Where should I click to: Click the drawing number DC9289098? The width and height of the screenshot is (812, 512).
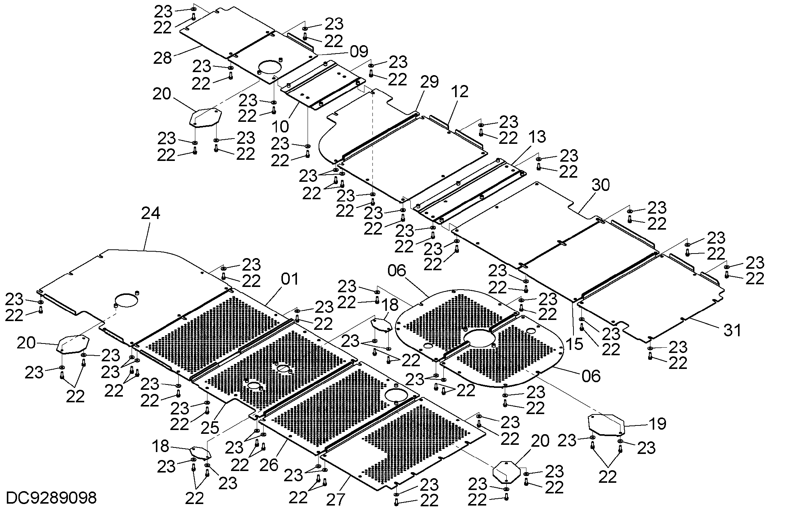(x=52, y=498)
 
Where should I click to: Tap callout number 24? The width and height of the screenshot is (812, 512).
(x=151, y=213)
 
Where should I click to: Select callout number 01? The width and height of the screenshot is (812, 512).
(x=290, y=279)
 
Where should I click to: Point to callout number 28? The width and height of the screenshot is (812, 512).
(x=163, y=58)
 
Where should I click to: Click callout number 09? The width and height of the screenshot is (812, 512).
(x=359, y=52)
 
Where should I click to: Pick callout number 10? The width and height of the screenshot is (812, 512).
(x=280, y=126)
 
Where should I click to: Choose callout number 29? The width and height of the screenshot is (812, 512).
(x=429, y=82)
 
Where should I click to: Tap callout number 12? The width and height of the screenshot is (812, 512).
(x=460, y=91)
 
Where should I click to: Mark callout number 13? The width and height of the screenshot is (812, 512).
(x=537, y=137)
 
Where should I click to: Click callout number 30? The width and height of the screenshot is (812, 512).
(x=601, y=185)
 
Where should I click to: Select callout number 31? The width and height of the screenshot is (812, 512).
(x=732, y=330)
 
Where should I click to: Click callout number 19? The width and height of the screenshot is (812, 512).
(x=657, y=424)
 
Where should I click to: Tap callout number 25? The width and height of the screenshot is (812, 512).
(x=210, y=428)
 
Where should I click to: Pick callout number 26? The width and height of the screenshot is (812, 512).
(x=269, y=465)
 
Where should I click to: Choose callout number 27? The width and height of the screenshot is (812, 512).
(x=336, y=500)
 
